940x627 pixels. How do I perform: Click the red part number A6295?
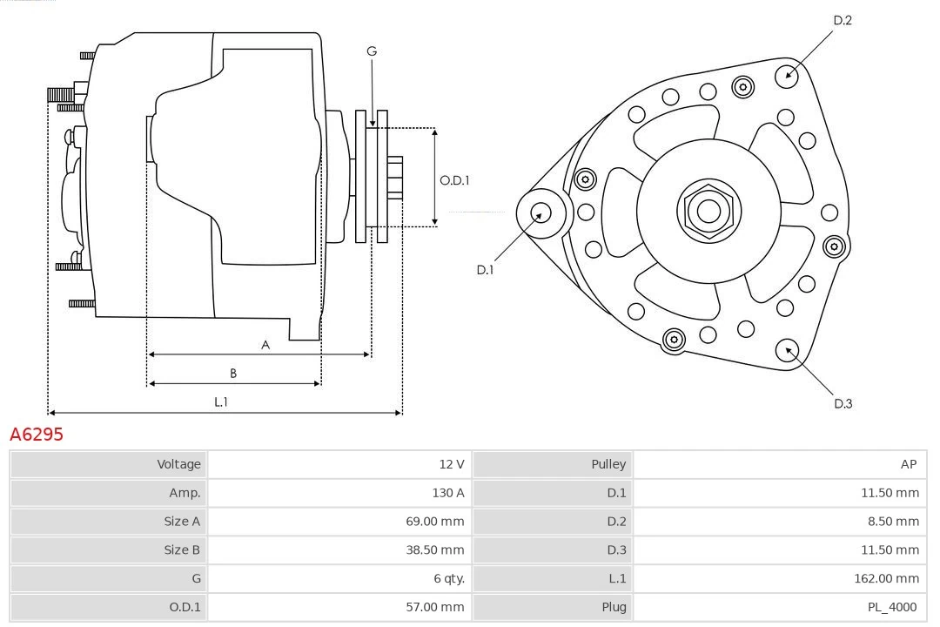[37, 434]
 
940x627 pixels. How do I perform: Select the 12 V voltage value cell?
[451, 464]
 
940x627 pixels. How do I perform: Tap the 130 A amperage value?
[448, 493]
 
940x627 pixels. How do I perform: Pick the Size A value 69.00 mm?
[433, 522]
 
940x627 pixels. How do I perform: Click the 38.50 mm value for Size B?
[433, 549]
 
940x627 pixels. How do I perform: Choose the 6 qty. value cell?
[444, 578]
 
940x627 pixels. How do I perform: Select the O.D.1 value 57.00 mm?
[433, 607]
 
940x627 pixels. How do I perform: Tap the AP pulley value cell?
[909, 464]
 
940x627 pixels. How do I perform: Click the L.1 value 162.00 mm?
[886, 578]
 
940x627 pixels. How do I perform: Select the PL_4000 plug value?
[893, 607]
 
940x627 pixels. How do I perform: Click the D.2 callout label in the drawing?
[843, 20]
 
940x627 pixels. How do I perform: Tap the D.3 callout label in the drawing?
[843, 403]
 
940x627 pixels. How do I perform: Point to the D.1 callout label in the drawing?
[485, 270]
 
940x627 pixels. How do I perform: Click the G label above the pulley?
[372, 51]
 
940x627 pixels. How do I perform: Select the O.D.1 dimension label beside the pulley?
[454, 180]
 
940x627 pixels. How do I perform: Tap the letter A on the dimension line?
[265, 345]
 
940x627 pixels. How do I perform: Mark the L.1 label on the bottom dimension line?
[221, 402]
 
